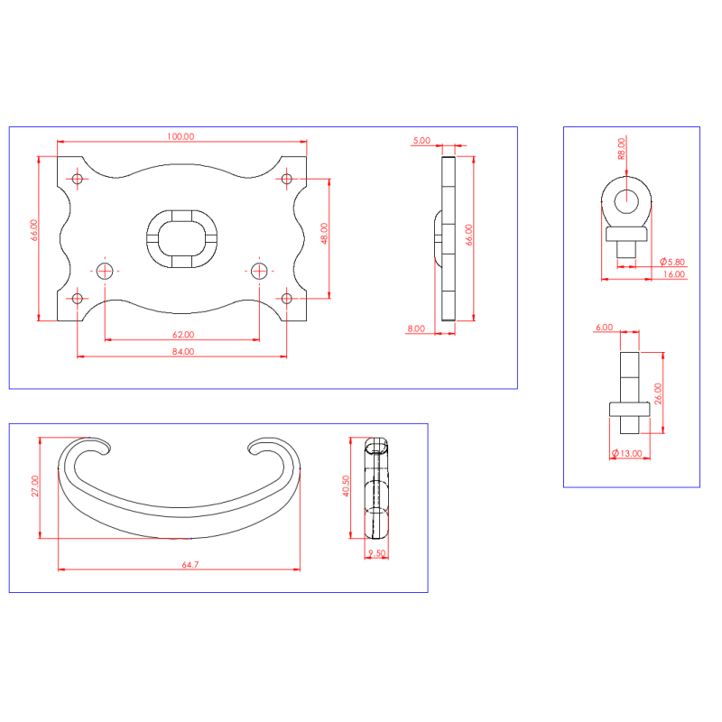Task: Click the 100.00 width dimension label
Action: [180, 136]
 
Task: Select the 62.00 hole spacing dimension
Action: [183, 335]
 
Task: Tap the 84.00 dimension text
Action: [183, 352]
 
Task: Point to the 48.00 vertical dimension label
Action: [324, 233]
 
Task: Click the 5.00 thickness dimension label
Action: [421, 141]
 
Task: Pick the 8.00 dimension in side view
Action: [416, 329]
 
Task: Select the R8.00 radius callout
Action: [622, 149]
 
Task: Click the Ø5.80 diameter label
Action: [672, 262]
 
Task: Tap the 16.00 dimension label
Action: [674, 274]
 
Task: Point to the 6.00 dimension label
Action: [604, 328]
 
